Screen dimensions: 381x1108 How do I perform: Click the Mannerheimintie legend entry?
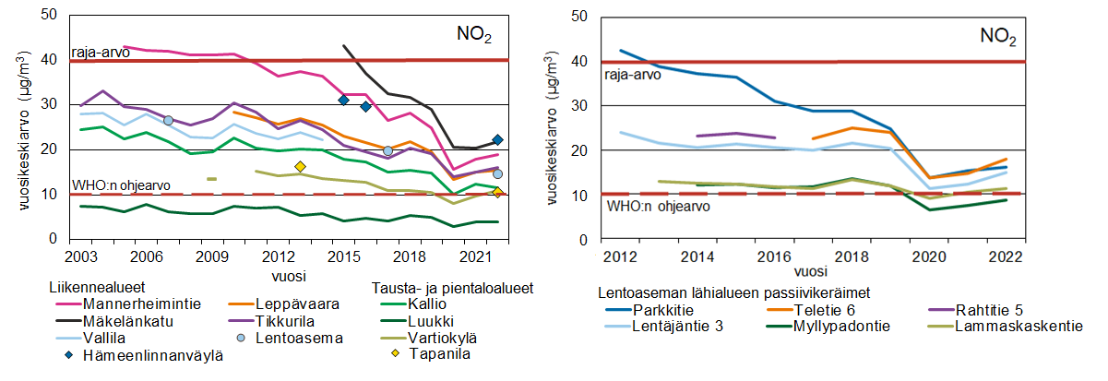[x=132, y=304]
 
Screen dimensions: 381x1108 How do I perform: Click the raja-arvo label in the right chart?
[x=632, y=75]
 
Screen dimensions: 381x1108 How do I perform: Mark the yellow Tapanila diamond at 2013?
[x=300, y=167]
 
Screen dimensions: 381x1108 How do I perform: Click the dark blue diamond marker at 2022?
[x=497, y=140]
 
